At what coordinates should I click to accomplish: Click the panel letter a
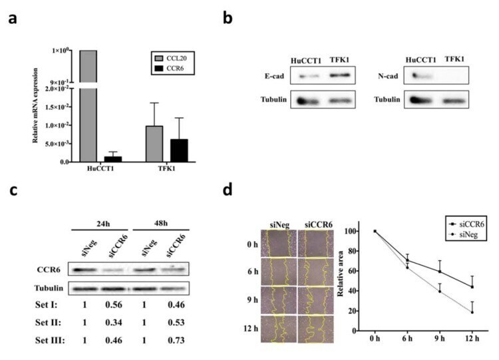11,19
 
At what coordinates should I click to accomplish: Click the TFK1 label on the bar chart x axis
166,168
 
